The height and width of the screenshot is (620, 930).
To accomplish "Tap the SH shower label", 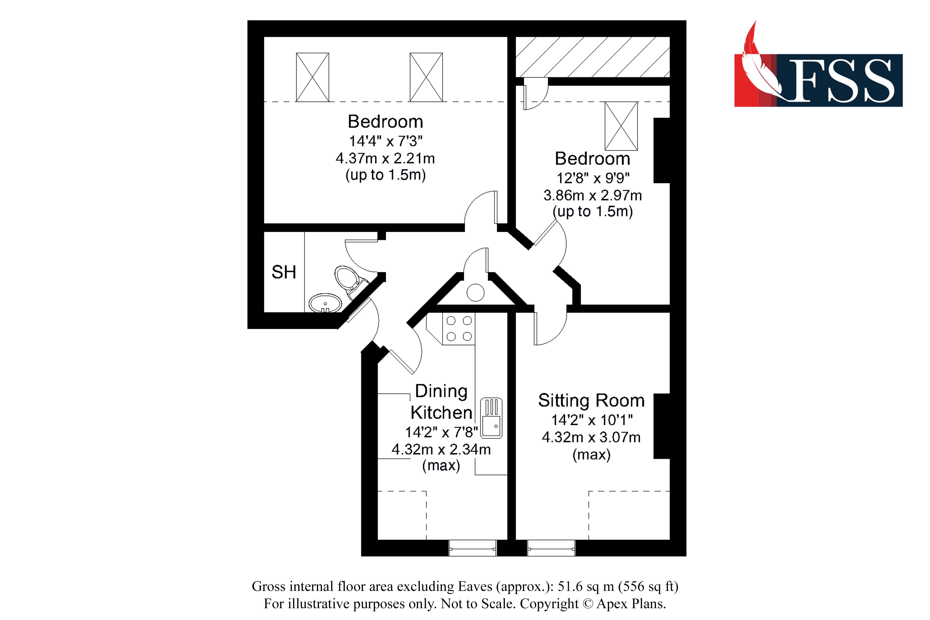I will (283, 272).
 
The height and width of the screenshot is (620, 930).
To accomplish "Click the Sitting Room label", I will (591, 401).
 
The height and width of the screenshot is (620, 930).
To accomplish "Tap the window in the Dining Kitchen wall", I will (472, 548).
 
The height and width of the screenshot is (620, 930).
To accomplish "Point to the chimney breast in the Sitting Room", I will (661, 426).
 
